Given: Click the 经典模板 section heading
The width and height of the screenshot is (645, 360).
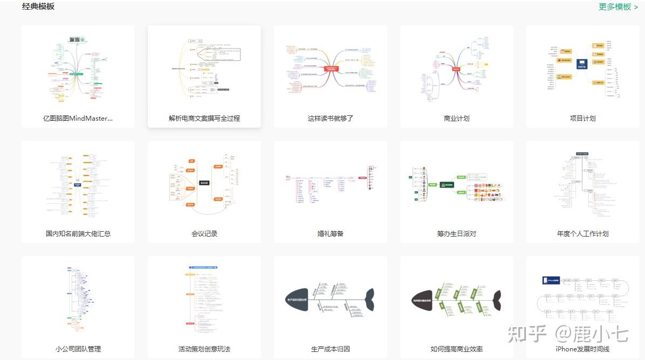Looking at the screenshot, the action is point(38,7).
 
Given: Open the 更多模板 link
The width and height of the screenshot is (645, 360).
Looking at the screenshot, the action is point(618,7).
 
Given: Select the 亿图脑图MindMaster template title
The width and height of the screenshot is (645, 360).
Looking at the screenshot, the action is point(78,118).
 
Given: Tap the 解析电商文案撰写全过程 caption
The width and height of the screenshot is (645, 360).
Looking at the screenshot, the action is point(204,118).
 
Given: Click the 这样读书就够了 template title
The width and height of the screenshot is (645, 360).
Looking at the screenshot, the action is point(331,118).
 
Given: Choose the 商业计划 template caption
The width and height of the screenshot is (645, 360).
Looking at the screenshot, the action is point(457,118).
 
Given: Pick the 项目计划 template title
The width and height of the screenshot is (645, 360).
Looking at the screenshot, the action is point(583,118).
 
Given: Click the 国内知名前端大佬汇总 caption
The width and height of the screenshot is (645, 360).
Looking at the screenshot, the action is point(78,233).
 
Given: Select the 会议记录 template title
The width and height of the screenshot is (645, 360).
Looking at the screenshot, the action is point(204,233).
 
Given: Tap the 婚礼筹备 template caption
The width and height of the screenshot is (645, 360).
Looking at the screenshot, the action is point(331,233).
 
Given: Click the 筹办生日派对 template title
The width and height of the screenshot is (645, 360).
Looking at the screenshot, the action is point(457,233).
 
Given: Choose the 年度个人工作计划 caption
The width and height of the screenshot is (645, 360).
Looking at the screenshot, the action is point(583,233).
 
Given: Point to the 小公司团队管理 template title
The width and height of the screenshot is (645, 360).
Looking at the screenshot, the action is point(78,349).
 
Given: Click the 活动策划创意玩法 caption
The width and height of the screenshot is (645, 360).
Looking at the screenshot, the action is point(204,349).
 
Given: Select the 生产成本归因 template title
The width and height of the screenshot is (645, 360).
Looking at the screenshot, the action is point(331,349).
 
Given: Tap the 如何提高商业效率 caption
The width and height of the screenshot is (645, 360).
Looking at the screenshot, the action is point(457,349).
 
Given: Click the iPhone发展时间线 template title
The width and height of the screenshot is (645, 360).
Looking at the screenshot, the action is point(583,349).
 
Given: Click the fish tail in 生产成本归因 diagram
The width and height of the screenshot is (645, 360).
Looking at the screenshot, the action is point(369,300).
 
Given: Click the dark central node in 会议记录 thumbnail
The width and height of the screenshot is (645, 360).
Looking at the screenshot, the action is point(204,183).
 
